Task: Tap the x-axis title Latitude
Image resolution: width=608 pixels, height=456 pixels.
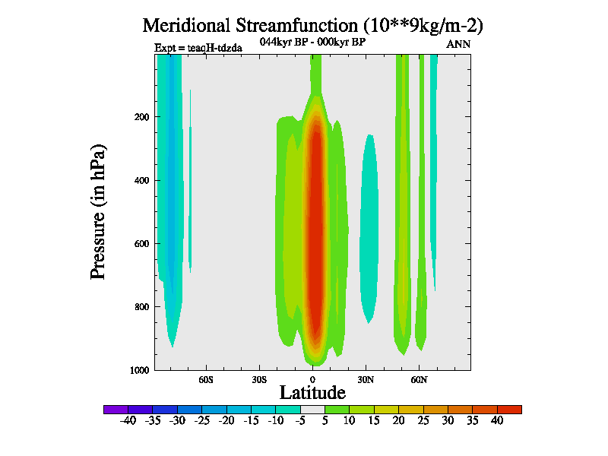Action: click(312, 392)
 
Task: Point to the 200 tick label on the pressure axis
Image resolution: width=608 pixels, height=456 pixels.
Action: click(141, 117)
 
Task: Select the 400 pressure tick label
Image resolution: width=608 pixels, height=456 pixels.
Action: click(141, 180)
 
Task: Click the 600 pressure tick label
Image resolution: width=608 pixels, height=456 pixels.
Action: click(141, 244)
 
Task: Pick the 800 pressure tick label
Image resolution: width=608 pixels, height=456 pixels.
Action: click(141, 307)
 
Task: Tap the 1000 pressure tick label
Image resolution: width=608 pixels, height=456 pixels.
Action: click(138, 370)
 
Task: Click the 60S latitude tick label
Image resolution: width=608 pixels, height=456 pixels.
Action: click(206, 378)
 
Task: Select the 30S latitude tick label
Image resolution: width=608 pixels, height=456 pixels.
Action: click(259, 378)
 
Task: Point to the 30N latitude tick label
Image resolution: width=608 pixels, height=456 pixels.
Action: click(366, 378)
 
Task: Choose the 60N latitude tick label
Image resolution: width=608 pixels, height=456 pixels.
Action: click(419, 378)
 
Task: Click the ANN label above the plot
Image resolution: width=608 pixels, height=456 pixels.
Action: click(458, 44)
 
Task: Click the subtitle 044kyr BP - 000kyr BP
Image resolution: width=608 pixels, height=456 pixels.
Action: click(313, 43)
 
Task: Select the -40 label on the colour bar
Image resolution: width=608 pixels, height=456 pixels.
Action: click(128, 420)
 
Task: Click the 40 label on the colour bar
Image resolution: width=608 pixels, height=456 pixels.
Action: click(497, 420)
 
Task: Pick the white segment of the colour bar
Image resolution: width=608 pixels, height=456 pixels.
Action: click(312, 409)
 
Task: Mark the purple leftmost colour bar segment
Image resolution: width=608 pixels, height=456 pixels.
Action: click(116, 409)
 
